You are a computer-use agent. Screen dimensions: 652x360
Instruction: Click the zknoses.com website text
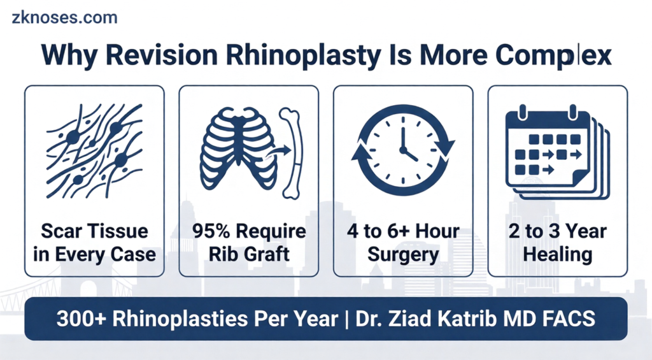[x=64, y=17]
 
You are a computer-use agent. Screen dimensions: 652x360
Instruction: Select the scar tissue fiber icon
[x=94, y=150]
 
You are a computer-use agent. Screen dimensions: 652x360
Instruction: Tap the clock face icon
[x=403, y=150]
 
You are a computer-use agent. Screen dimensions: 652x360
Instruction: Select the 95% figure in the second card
[x=211, y=231]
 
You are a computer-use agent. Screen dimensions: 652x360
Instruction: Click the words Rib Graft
[x=249, y=254]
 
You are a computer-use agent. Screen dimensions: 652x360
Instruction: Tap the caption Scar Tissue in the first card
[x=94, y=231]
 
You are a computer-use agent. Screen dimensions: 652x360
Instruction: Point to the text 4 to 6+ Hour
[x=403, y=231]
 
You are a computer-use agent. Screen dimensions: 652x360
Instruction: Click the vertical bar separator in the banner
[x=347, y=319]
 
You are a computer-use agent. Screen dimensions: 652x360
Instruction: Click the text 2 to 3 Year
[x=558, y=231]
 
